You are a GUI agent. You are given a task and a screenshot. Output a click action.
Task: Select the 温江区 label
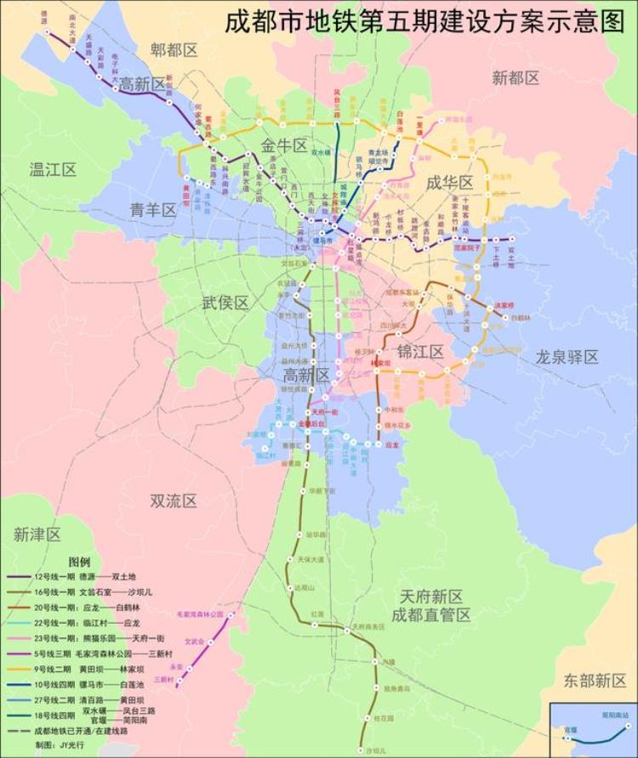(x=53, y=169)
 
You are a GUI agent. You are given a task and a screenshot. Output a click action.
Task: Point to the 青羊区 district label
(x=153, y=210)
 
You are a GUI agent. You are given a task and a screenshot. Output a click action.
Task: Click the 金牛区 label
(x=284, y=146)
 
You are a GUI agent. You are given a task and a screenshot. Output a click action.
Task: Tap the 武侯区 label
(x=225, y=303)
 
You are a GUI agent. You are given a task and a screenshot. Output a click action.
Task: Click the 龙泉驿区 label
(x=567, y=356)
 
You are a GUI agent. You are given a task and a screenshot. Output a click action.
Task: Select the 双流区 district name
(x=174, y=501)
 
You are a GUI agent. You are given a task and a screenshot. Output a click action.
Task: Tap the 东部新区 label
(x=595, y=680)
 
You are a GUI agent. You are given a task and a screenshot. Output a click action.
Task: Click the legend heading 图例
(x=80, y=562)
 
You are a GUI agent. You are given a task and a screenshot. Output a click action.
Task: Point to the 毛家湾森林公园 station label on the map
(x=200, y=614)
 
